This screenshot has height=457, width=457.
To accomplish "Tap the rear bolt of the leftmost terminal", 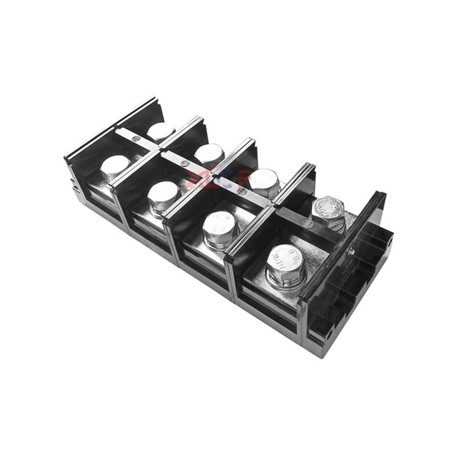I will [161, 131].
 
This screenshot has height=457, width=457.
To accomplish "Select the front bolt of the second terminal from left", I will [164, 193].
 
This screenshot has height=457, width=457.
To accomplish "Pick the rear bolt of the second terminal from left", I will [209, 154].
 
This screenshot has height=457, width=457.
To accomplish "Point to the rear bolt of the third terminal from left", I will [264, 181].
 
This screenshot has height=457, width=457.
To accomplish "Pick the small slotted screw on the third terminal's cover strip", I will [241, 191].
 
